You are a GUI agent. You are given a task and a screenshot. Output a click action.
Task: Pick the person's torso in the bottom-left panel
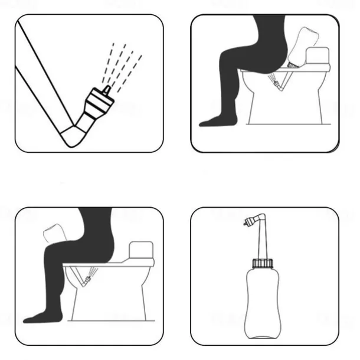click(97, 233)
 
